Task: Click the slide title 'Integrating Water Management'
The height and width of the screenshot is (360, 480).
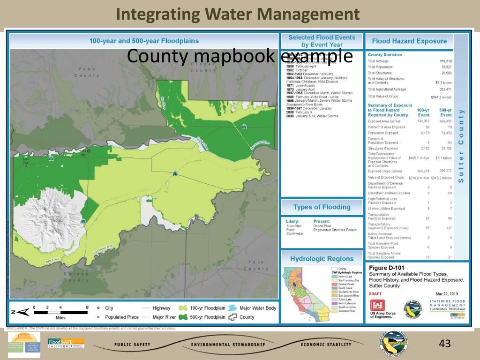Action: point(238,14)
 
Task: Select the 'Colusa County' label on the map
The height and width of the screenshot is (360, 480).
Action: point(76,277)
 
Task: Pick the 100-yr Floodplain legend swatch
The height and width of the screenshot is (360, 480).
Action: point(183,308)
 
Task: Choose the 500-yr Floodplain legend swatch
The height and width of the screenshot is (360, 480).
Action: point(183,317)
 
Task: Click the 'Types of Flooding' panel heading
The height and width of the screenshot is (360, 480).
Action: point(322,207)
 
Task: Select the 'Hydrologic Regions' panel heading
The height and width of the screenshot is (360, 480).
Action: point(322,259)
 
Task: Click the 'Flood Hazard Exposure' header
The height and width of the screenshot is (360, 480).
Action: point(409,41)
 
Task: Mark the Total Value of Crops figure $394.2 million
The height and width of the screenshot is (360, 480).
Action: point(441,97)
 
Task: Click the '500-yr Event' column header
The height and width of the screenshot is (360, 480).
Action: point(446,112)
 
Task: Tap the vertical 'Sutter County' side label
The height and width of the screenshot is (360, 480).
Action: point(461,146)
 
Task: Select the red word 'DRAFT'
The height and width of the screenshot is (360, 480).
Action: point(375,294)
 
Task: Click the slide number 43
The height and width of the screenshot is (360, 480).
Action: point(444,344)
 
